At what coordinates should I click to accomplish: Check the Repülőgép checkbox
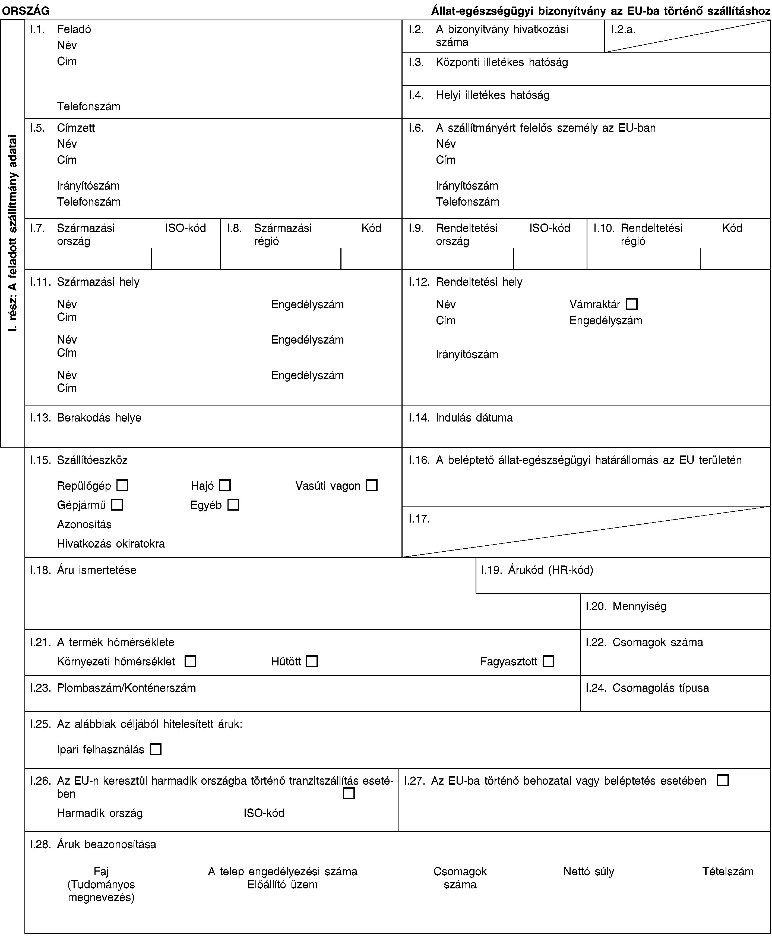(x=123, y=485)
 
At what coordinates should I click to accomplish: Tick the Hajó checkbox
(x=225, y=485)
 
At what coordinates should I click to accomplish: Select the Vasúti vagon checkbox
(x=372, y=485)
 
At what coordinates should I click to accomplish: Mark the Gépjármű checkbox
(x=117, y=505)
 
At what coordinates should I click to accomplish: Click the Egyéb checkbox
(x=233, y=505)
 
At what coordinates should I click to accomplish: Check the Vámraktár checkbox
(x=631, y=304)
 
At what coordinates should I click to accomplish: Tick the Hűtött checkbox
(x=312, y=662)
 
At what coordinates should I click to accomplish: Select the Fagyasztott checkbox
(x=548, y=662)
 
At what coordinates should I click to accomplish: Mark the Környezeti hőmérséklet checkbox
(x=190, y=662)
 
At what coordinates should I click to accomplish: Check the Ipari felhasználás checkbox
(x=156, y=750)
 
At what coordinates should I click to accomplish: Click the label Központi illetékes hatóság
(x=502, y=62)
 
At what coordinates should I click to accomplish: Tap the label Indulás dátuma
(x=474, y=418)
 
